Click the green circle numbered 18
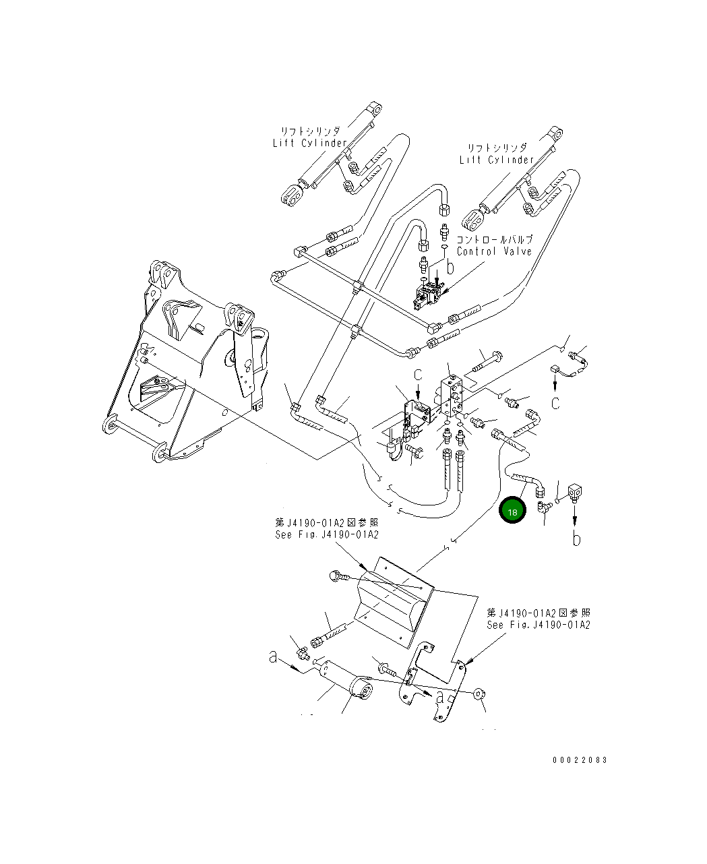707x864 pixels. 512,512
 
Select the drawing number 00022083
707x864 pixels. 580,760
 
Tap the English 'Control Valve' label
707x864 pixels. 494,251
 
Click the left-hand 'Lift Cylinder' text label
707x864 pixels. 309,143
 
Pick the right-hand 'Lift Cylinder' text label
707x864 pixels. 496,160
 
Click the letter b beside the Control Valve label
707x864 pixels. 450,267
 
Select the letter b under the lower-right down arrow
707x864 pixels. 576,538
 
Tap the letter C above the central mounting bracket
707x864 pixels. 418,375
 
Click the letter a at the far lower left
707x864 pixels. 273,656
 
